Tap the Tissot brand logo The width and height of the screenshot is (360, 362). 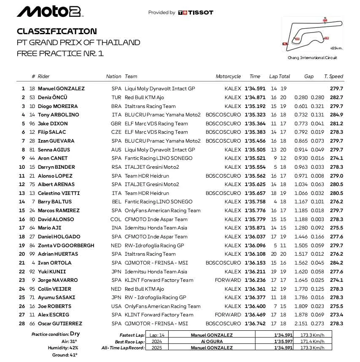tap(196, 13)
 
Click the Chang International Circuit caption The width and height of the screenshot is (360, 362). tap(312, 58)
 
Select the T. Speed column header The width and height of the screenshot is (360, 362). tap(333, 76)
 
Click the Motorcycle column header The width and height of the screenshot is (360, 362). tap(228, 76)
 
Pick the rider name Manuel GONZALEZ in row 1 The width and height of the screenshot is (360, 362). tap(61, 89)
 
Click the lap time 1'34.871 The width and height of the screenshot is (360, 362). tap(255, 97)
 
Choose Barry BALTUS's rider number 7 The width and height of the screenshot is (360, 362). tap(33, 202)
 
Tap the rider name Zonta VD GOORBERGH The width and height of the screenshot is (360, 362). tap(66, 246)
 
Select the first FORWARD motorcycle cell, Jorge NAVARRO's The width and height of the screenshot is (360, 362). tap(228, 280)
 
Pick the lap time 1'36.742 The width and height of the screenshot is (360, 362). tap(255, 324)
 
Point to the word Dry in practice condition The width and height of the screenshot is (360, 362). tap(75, 334)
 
